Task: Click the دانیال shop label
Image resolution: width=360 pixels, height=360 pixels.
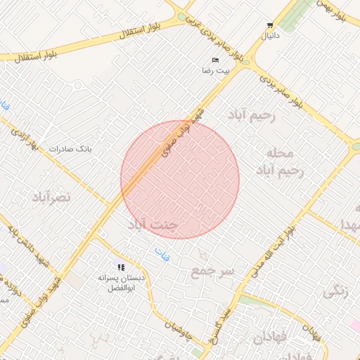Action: point(270,34)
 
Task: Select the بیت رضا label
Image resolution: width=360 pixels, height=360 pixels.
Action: point(215,71)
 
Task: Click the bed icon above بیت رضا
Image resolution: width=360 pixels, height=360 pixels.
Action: point(215,61)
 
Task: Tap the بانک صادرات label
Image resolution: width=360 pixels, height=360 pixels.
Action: point(70,149)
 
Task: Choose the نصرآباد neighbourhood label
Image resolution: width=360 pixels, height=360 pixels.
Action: point(51,198)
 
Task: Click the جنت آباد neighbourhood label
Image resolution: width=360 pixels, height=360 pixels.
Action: point(156,225)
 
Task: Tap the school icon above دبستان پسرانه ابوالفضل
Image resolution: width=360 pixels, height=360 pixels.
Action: point(122,268)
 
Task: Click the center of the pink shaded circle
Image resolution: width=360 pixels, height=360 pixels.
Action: point(180,179)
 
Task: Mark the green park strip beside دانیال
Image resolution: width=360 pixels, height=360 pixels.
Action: point(300,15)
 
